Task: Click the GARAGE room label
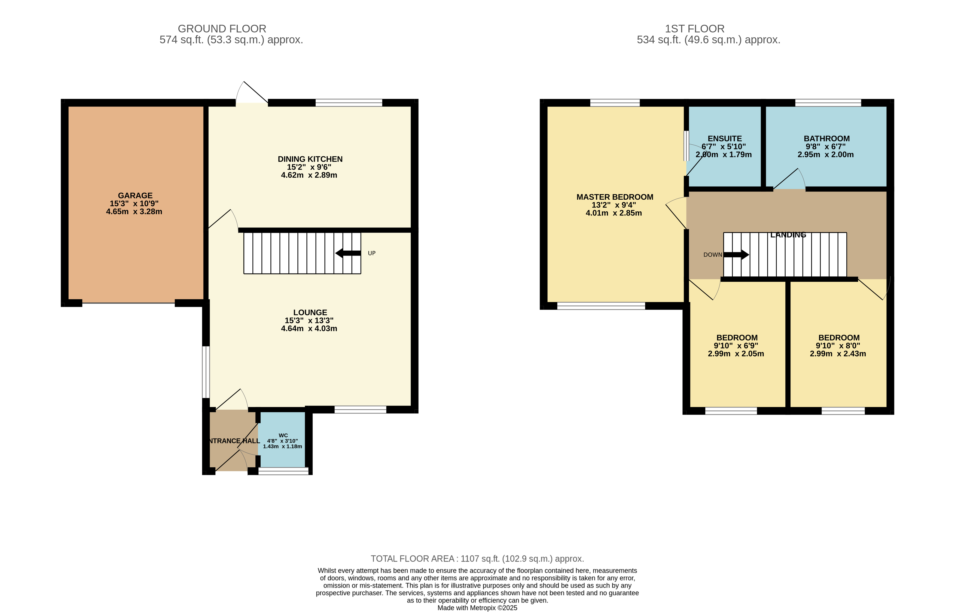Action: (135, 196)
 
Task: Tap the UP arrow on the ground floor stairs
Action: (348, 253)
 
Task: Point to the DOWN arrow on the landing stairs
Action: (736, 255)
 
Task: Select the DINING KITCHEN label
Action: (310, 159)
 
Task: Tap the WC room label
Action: (283, 436)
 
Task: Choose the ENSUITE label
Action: (725, 139)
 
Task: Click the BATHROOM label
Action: (827, 139)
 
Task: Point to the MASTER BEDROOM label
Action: (615, 197)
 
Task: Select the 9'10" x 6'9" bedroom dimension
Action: (736, 346)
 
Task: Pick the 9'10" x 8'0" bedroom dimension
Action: (838, 346)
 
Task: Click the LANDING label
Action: (788, 235)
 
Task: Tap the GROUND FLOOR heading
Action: (222, 29)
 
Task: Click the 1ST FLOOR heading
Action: (695, 29)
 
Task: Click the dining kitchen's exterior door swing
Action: (252, 92)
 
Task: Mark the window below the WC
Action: (283, 471)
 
